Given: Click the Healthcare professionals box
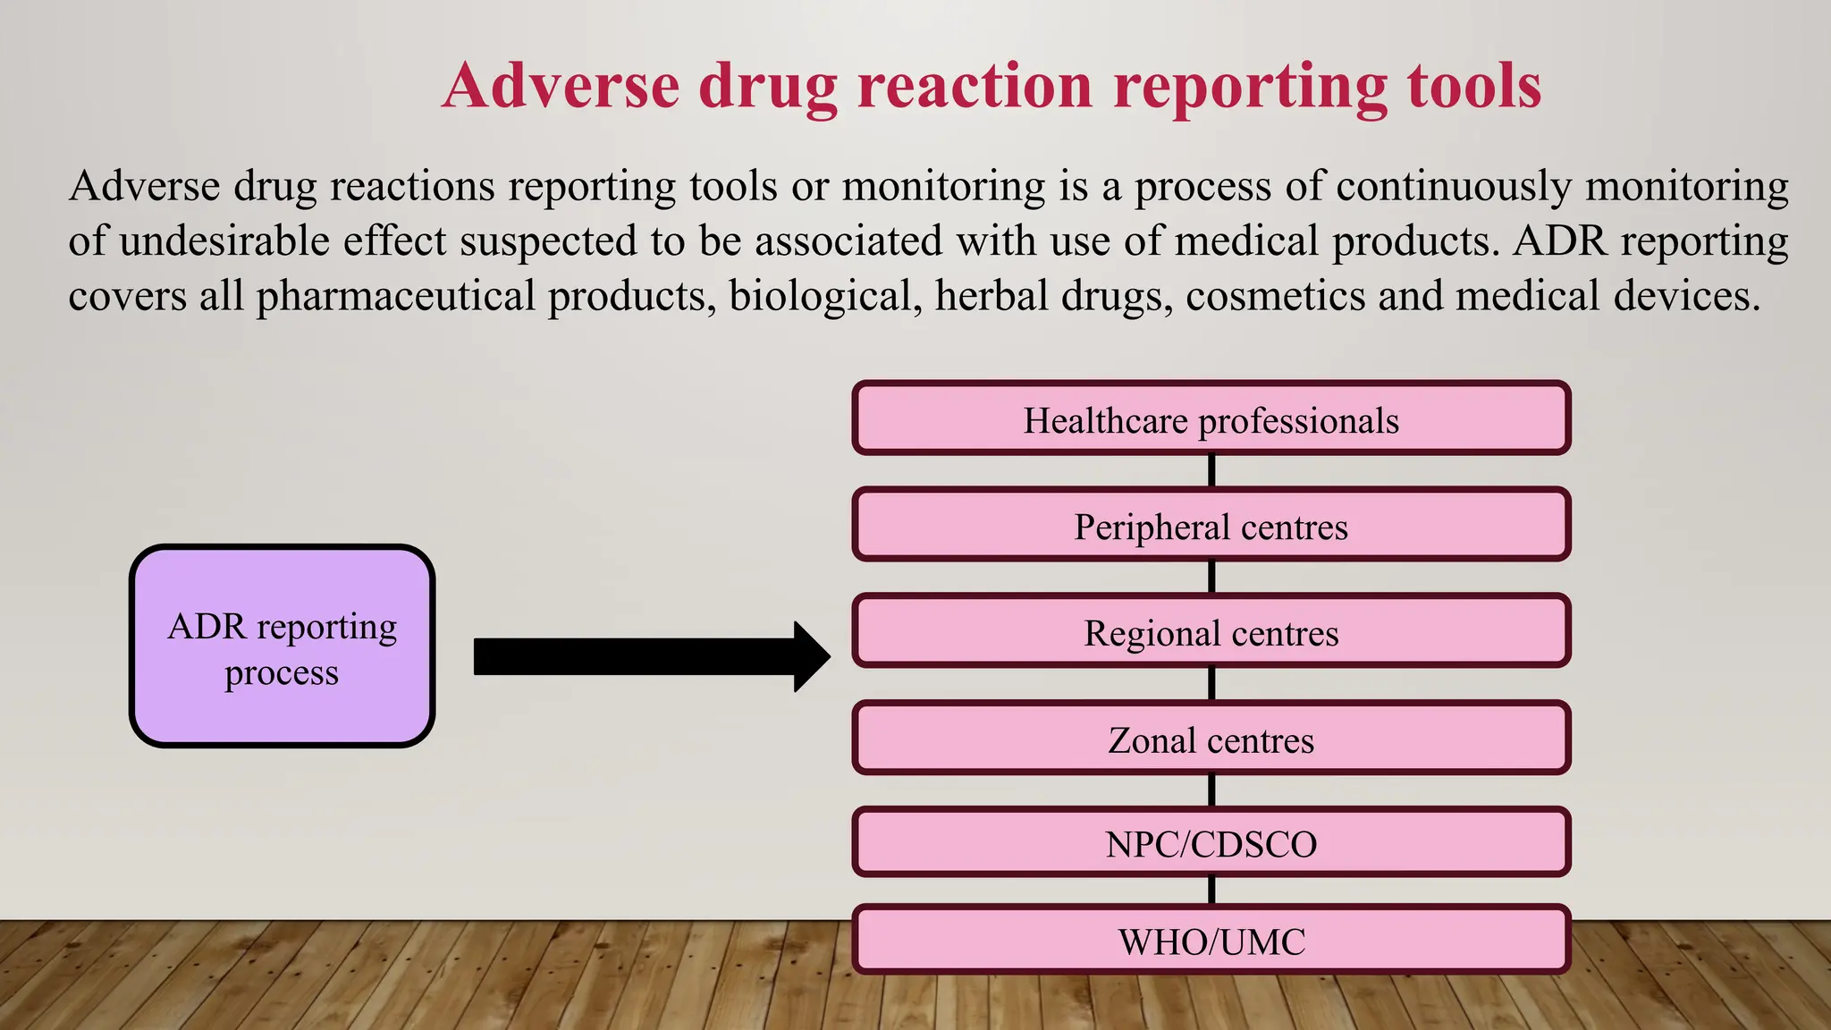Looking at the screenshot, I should [x=1211, y=418].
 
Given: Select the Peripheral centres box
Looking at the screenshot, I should [x=1211, y=525].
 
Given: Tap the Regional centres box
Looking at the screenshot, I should [x=1211, y=631].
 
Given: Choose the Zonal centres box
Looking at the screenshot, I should [x=1211, y=739].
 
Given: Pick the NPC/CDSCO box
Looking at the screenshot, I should [x=1211, y=843].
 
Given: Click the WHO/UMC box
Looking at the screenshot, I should [x=1211, y=941].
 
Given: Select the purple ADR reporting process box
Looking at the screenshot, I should [x=283, y=646].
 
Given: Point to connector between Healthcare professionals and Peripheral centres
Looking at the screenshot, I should [x=1211, y=470].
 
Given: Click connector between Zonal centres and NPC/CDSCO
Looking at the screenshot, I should [x=1211, y=790].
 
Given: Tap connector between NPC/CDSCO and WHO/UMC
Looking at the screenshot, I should [x=1211, y=891].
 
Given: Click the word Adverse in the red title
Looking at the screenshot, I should [x=561, y=87].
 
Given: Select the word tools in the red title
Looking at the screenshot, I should [x=1474, y=87].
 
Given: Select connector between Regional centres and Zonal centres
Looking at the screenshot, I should [x=1211, y=684].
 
